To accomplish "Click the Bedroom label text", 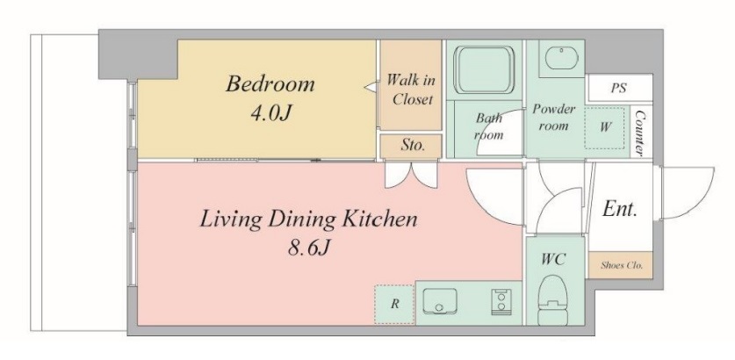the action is (270, 84).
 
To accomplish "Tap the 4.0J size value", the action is (271, 113).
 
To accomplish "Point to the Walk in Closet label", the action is (411, 90).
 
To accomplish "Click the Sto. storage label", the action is (413, 145).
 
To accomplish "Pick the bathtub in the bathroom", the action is (484, 69).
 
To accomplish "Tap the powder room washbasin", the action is (562, 60).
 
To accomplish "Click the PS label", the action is (618, 88).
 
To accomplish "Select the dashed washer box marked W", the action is (605, 128).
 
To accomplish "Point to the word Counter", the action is (639, 133).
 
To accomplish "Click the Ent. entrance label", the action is (620, 208).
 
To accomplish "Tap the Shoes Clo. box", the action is (621, 265).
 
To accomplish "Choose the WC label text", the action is (554, 258).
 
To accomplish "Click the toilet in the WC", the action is (554, 300).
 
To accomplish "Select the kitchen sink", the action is (439, 301).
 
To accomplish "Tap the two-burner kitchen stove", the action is (501, 301).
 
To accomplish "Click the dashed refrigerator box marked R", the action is (394, 304).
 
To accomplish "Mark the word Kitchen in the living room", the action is (378, 219).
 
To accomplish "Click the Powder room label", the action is (553, 117).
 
